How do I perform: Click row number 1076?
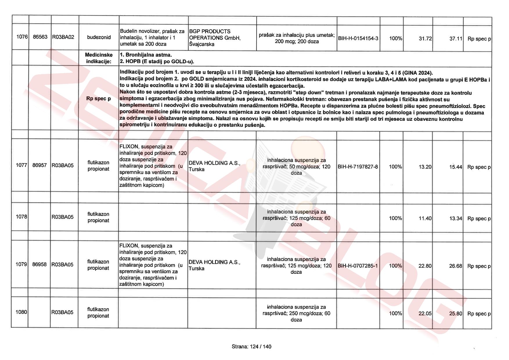22,37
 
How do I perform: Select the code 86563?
40,37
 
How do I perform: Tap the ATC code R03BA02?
63,37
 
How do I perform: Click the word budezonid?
99,37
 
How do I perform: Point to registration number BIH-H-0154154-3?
358,38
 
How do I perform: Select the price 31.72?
425,39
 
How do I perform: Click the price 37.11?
456,39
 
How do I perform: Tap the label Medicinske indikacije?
99,58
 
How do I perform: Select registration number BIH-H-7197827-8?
358,167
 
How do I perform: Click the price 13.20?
425,167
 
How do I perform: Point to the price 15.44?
455,167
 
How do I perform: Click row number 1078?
21,217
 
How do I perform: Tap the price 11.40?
425,218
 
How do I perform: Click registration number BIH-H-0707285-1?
358,266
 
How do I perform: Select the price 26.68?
455,266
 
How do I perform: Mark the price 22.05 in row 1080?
425,314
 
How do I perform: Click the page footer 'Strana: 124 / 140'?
251,346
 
